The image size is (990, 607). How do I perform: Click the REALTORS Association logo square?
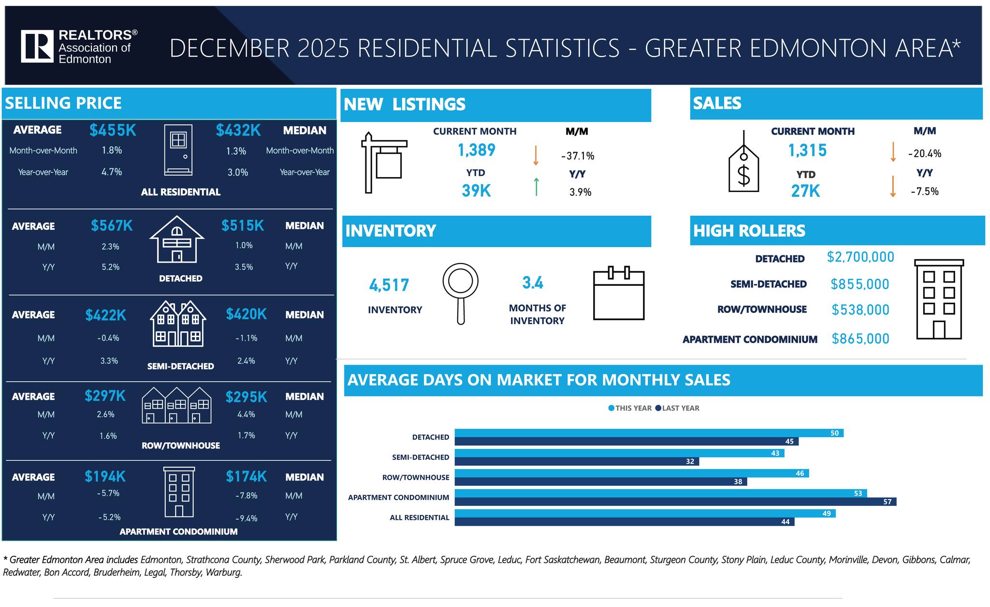37,46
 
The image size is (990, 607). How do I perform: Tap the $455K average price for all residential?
113,130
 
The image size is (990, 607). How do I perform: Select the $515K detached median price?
243,226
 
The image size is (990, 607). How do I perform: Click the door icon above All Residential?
178,150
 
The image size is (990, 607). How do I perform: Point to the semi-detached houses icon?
178,324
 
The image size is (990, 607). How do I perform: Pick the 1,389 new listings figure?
476,150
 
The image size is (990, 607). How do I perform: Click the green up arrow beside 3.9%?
536,187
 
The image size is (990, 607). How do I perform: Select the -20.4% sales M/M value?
924,154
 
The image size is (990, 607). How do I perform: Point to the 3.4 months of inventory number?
532,282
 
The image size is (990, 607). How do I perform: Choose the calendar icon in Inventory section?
619,294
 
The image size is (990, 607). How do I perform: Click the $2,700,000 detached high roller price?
860,257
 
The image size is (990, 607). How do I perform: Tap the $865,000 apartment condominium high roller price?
860,339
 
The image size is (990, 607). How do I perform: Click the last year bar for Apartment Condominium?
675,502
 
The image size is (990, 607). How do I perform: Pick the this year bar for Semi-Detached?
619,453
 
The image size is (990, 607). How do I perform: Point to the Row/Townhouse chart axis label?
416,477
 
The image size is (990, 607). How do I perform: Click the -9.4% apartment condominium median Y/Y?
246,518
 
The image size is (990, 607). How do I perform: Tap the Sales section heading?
717,104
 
